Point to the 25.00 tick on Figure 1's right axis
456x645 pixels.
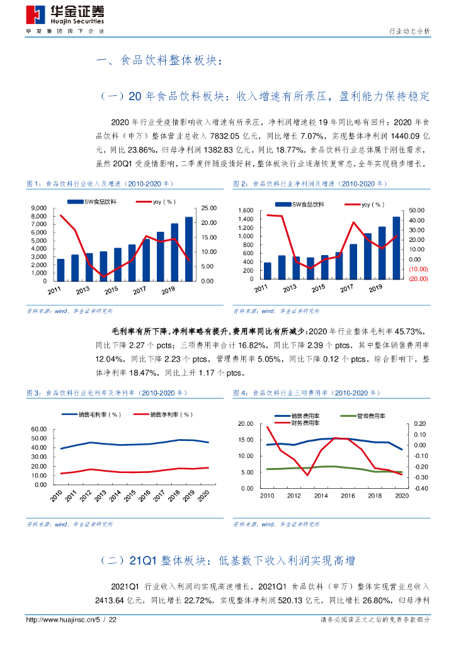click(209, 208)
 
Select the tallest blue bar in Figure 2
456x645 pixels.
click(396, 248)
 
